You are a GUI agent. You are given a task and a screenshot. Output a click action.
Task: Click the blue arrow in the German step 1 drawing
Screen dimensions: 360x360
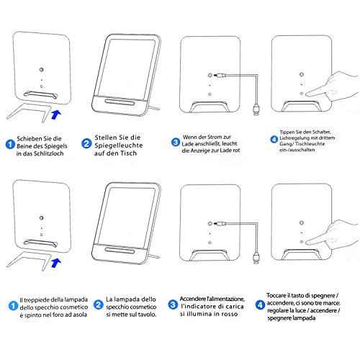(x=56, y=114)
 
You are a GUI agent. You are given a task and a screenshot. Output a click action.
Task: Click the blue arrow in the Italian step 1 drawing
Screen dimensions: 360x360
(x=56, y=263)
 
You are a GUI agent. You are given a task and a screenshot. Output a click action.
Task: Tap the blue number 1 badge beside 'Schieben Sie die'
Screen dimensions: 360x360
(x=10, y=144)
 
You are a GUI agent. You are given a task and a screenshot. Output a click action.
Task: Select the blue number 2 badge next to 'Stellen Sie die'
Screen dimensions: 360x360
(x=86, y=143)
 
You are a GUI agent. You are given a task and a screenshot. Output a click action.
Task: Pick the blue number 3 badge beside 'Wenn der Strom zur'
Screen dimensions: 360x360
(x=176, y=142)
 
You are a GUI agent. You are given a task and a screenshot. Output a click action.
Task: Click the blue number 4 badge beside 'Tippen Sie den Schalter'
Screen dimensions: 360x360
(x=274, y=139)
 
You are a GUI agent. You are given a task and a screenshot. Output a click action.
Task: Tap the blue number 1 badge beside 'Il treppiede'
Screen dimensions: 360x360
(x=13, y=305)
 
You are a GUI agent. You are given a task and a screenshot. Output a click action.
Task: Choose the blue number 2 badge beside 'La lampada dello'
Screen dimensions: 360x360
(x=98, y=305)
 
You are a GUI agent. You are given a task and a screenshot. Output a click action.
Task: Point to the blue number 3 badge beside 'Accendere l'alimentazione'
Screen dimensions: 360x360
(x=173, y=305)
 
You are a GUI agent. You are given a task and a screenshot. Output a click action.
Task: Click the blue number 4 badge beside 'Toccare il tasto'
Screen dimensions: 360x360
(x=260, y=305)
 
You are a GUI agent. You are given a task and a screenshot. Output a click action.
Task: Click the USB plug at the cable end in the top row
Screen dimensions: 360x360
(x=256, y=109)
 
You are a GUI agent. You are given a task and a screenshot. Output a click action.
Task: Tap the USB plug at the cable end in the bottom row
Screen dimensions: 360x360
(x=256, y=258)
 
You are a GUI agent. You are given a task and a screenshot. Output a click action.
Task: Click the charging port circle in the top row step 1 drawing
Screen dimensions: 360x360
(x=42, y=70)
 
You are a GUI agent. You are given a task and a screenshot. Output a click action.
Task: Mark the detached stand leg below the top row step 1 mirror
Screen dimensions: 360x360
(x=31, y=112)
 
